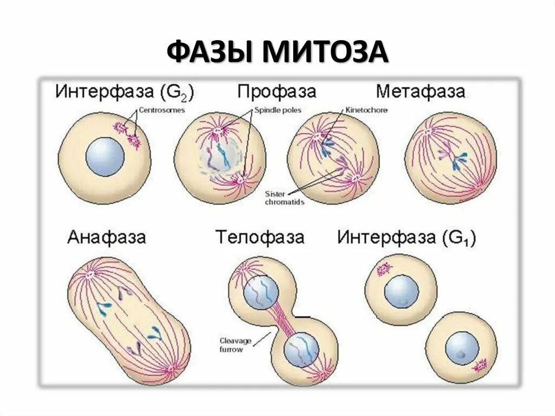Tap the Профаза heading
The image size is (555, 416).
pyautogui.click(x=276, y=91)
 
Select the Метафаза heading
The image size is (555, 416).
pyautogui.click(x=421, y=91)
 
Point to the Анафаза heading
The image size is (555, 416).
pyautogui.click(x=107, y=237)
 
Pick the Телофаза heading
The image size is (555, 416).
pyautogui.click(x=260, y=237)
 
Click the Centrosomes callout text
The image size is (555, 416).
pyautogui.click(x=162, y=110)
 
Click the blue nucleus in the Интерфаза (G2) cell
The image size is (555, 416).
pyautogui.click(x=105, y=156)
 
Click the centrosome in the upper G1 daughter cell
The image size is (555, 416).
pyautogui.click(x=384, y=268)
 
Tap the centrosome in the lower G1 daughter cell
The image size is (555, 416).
pyautogui.click(x=479, y=366)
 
